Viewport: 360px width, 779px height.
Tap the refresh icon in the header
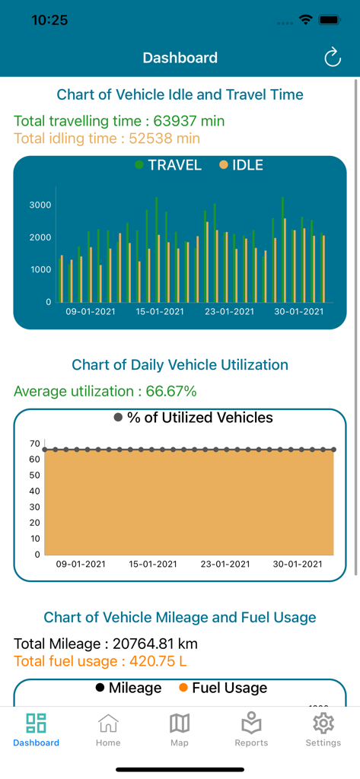pos(333,58)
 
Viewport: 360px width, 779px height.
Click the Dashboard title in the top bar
pos(180,58)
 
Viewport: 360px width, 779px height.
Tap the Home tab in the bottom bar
pos(108,730)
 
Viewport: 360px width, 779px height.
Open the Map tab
pos(180,730)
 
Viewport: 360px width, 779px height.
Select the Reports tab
pos(251,730)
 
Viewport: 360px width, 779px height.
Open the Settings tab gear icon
pos(323,723)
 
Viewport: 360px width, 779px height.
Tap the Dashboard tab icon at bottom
pos(36,723)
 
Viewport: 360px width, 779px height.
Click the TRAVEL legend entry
pos(168,165)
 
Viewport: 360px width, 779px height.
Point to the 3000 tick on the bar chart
pos(40,205)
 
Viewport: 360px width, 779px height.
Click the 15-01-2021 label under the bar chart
pos(160,312)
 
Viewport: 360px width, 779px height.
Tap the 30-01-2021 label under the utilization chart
pos(298,564)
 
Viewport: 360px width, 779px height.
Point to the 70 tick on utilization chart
pos(35,444)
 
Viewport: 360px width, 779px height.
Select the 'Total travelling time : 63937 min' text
pos(119,121)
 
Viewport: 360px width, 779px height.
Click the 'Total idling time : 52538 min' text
pos(107,138)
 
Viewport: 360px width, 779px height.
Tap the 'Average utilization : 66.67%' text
pos(105,391)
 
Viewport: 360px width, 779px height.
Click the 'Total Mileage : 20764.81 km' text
pos(106,644)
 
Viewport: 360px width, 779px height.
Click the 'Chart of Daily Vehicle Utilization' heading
pos(180,364)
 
